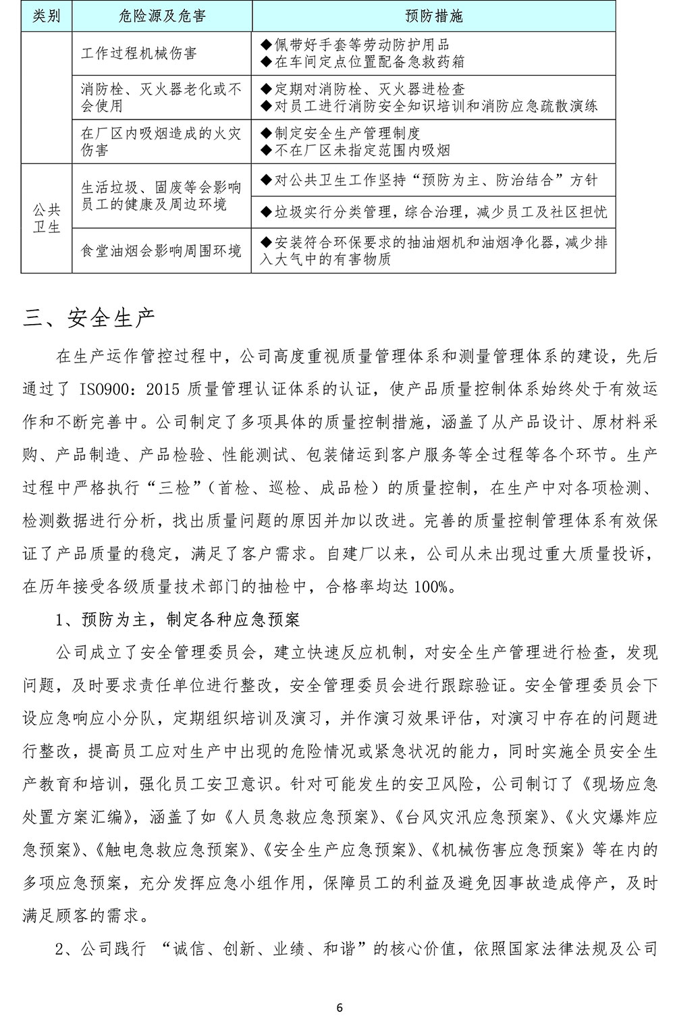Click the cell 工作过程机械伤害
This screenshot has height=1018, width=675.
[x=139, y=53]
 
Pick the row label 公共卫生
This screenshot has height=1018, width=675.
[x=47, y=219]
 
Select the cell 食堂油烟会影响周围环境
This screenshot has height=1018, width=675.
[x=161, y=251]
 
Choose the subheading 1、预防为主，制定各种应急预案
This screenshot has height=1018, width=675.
[x=178, y=620]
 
